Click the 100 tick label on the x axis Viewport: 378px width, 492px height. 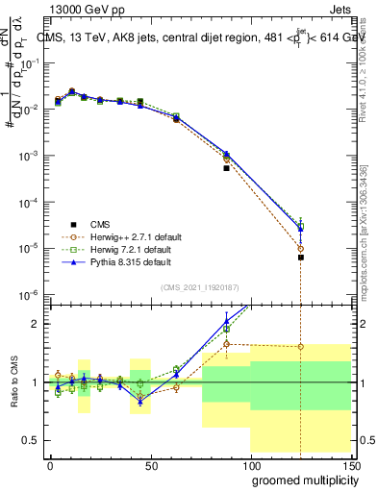250,464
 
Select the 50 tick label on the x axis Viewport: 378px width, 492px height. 151,464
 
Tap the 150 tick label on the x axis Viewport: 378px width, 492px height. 349,464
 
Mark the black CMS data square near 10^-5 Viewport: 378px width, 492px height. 301,258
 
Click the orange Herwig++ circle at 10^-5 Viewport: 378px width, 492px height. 301,248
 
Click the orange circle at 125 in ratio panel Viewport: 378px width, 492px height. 301,347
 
